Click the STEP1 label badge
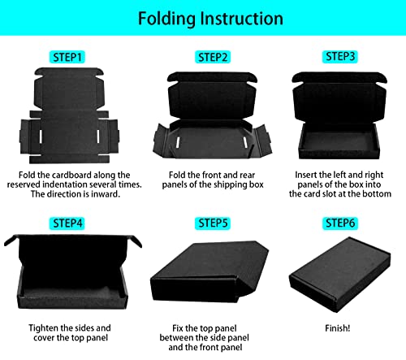pos(67,57)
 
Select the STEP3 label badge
pos(342,57)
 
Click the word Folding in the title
pos(167,18)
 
